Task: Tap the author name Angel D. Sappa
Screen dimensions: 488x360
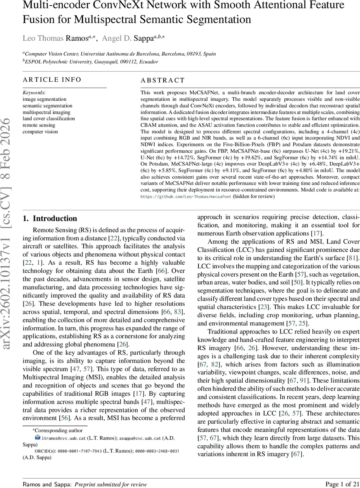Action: pyautogui.click(x=127, y=38)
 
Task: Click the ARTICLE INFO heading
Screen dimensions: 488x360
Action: pyautogui.click(x=52, y=80)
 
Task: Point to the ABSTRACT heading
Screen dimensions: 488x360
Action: pyautogui.click(x=163, y=81)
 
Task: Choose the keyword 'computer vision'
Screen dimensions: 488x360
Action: pyautogui.click(x=40, y=131)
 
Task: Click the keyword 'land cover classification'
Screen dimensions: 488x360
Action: pyautogui.click(x=49, y=119)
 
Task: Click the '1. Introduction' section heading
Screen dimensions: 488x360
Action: pyautogui.click(x=50, y=218)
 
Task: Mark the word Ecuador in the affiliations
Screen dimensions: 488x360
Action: pyautogui.click(x=147, y=62)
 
